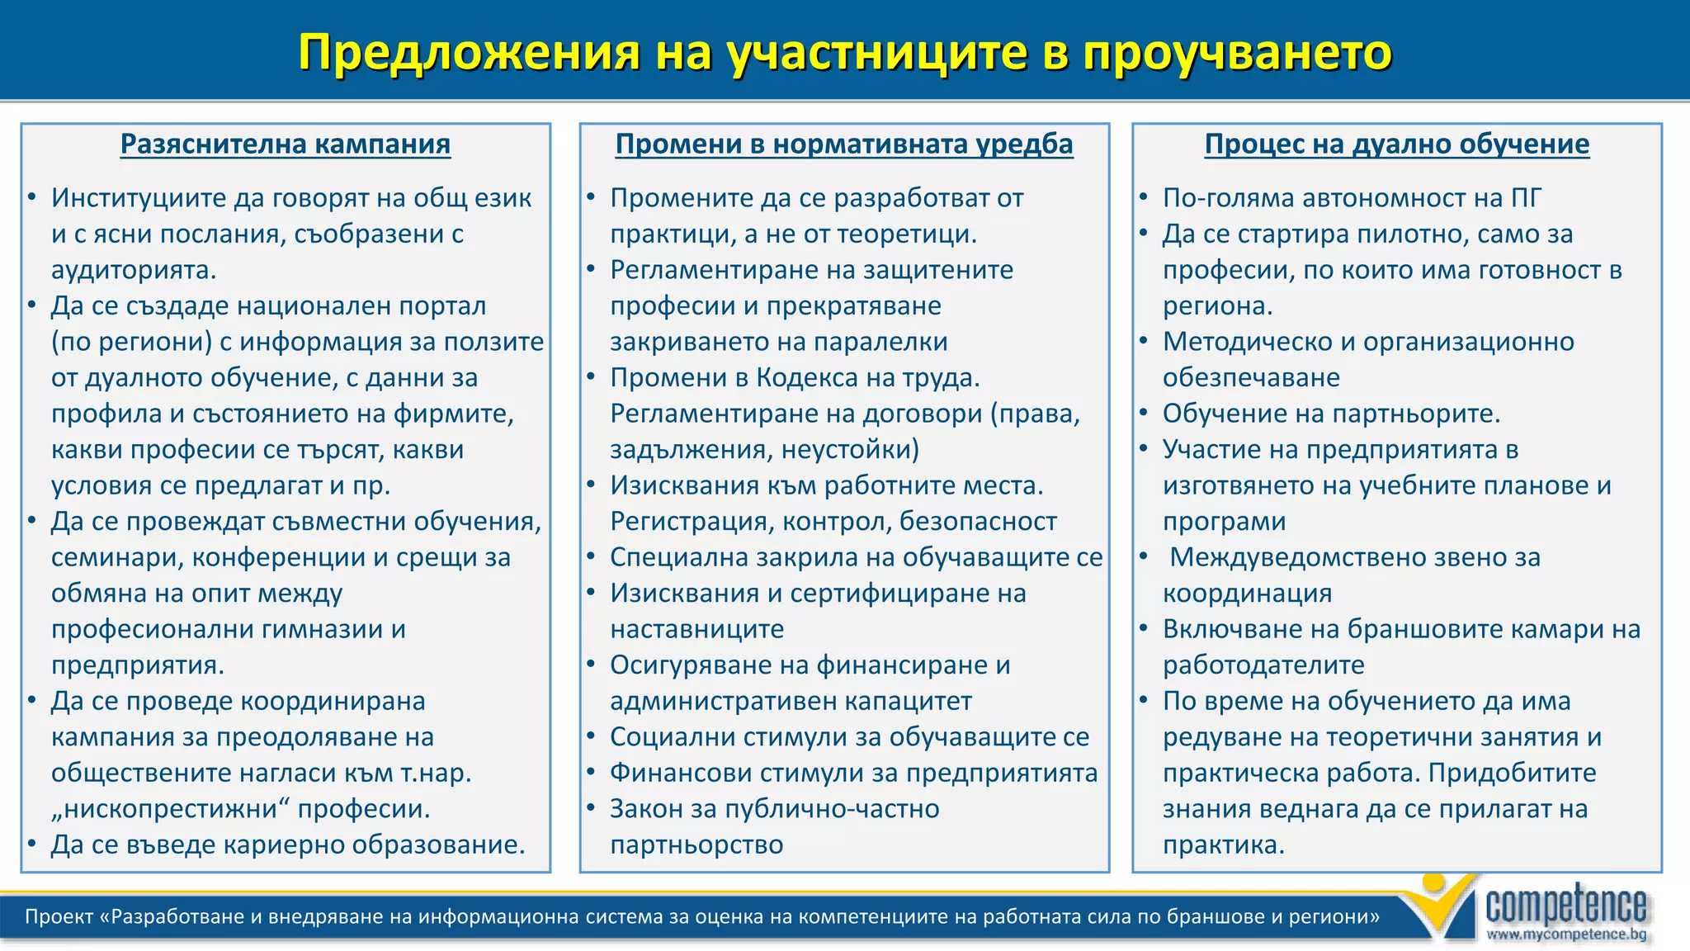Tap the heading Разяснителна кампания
[x=286, y=144]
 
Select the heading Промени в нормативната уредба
[x=844, y=144]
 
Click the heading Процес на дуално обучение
[x=1396, y=144]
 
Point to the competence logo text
[x=1565, y=906]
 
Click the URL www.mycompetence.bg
[x=1565, y=934]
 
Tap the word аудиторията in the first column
[x=134, y=270]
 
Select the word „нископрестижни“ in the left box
[x=170, y=809]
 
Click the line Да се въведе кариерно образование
[x=287, y=845]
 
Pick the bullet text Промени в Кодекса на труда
[x=795, y=378]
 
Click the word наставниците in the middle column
[x=696, y=629]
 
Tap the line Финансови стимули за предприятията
[x=853, y=773]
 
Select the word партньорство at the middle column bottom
[x=696, y=845]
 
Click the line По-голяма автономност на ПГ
[x=1351, y=198]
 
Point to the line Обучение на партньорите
[x=1331, y=414]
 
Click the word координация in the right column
[x=1247, y=594]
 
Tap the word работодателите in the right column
[x=1263, y=665]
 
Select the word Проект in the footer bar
[x=59, y=917]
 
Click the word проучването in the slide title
[x=1237, y=53]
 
